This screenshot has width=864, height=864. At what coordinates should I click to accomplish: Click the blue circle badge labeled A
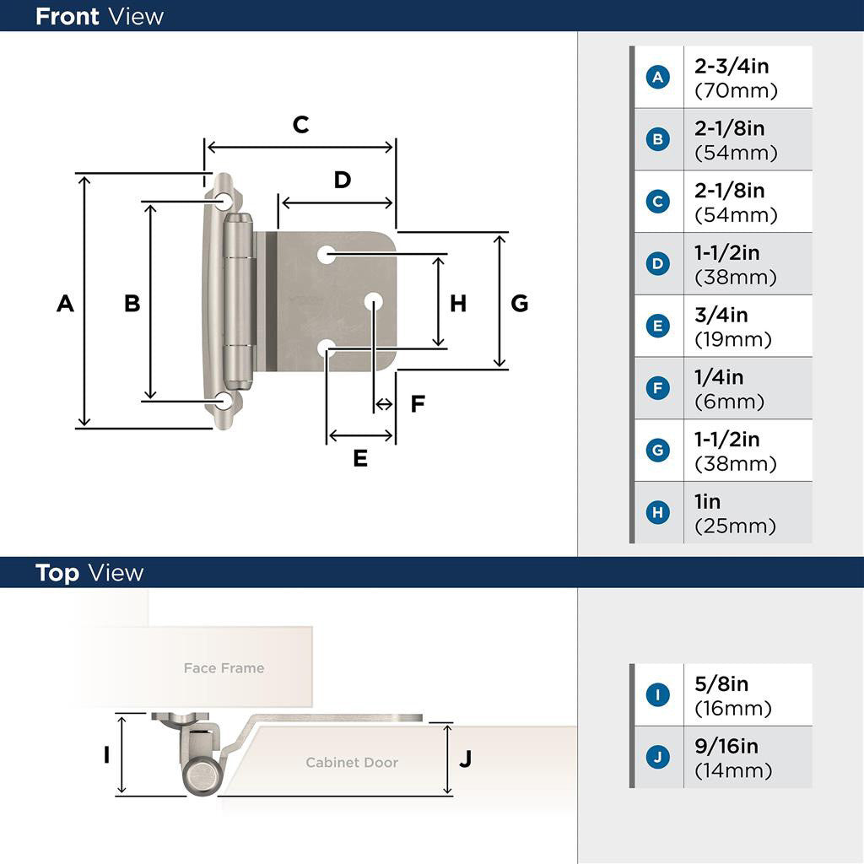[x=657, y=78]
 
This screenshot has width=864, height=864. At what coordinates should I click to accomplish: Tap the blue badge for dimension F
[x=657, y=388]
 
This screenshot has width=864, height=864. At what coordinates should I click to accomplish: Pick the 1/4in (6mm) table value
[x=729, y=388]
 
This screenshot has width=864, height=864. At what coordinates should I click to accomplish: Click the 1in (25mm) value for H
[x=734, y=513]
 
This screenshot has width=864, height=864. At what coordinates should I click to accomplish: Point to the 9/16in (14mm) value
[x=732, y=758]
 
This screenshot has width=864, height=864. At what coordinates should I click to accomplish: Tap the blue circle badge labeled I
[x=657, y=695]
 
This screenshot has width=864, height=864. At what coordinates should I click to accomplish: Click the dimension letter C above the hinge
[x=300, y=125]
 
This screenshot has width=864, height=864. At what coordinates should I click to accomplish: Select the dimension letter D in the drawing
[x=342, y=180]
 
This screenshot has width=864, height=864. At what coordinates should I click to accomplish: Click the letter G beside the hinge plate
[x=520, y=303]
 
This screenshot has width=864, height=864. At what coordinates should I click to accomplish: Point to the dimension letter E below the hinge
[x=360, y=458]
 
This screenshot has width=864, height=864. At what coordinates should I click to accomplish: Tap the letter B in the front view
[x=132, y=303]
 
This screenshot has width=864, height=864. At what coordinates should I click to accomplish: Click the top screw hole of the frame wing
[x=224, y=201]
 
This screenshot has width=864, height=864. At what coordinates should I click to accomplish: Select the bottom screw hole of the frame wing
[x=224, y=402]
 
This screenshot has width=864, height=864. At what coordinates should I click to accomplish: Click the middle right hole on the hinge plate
[x=374, y=300]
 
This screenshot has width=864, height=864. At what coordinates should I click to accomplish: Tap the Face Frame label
[x=224, y=668]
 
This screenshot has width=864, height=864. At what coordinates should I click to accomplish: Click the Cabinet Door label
[x=352, y=763]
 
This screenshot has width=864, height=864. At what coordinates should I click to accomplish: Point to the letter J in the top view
[x=465, y=759]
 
